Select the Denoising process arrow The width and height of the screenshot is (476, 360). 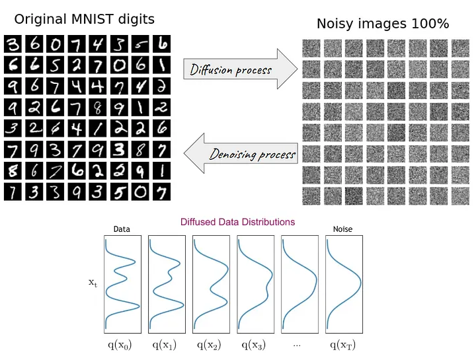(x=241, y=153)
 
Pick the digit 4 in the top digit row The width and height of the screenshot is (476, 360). (x=99, y=45)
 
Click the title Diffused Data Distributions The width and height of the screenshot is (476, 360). (x=237, y=222)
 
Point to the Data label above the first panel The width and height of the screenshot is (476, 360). (x=122, y=230)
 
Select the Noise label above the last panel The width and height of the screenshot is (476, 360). (x=342, y=230)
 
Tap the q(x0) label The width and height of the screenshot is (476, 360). (x=119, y=344)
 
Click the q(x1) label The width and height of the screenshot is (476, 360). (x=163, y=344)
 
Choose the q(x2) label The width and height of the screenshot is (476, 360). (x=208, y=344)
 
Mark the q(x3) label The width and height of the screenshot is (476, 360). (x=253, y=344)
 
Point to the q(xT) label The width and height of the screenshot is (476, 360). (x=342, y=344)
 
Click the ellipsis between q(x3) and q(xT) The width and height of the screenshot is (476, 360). (x=297, y=345)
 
